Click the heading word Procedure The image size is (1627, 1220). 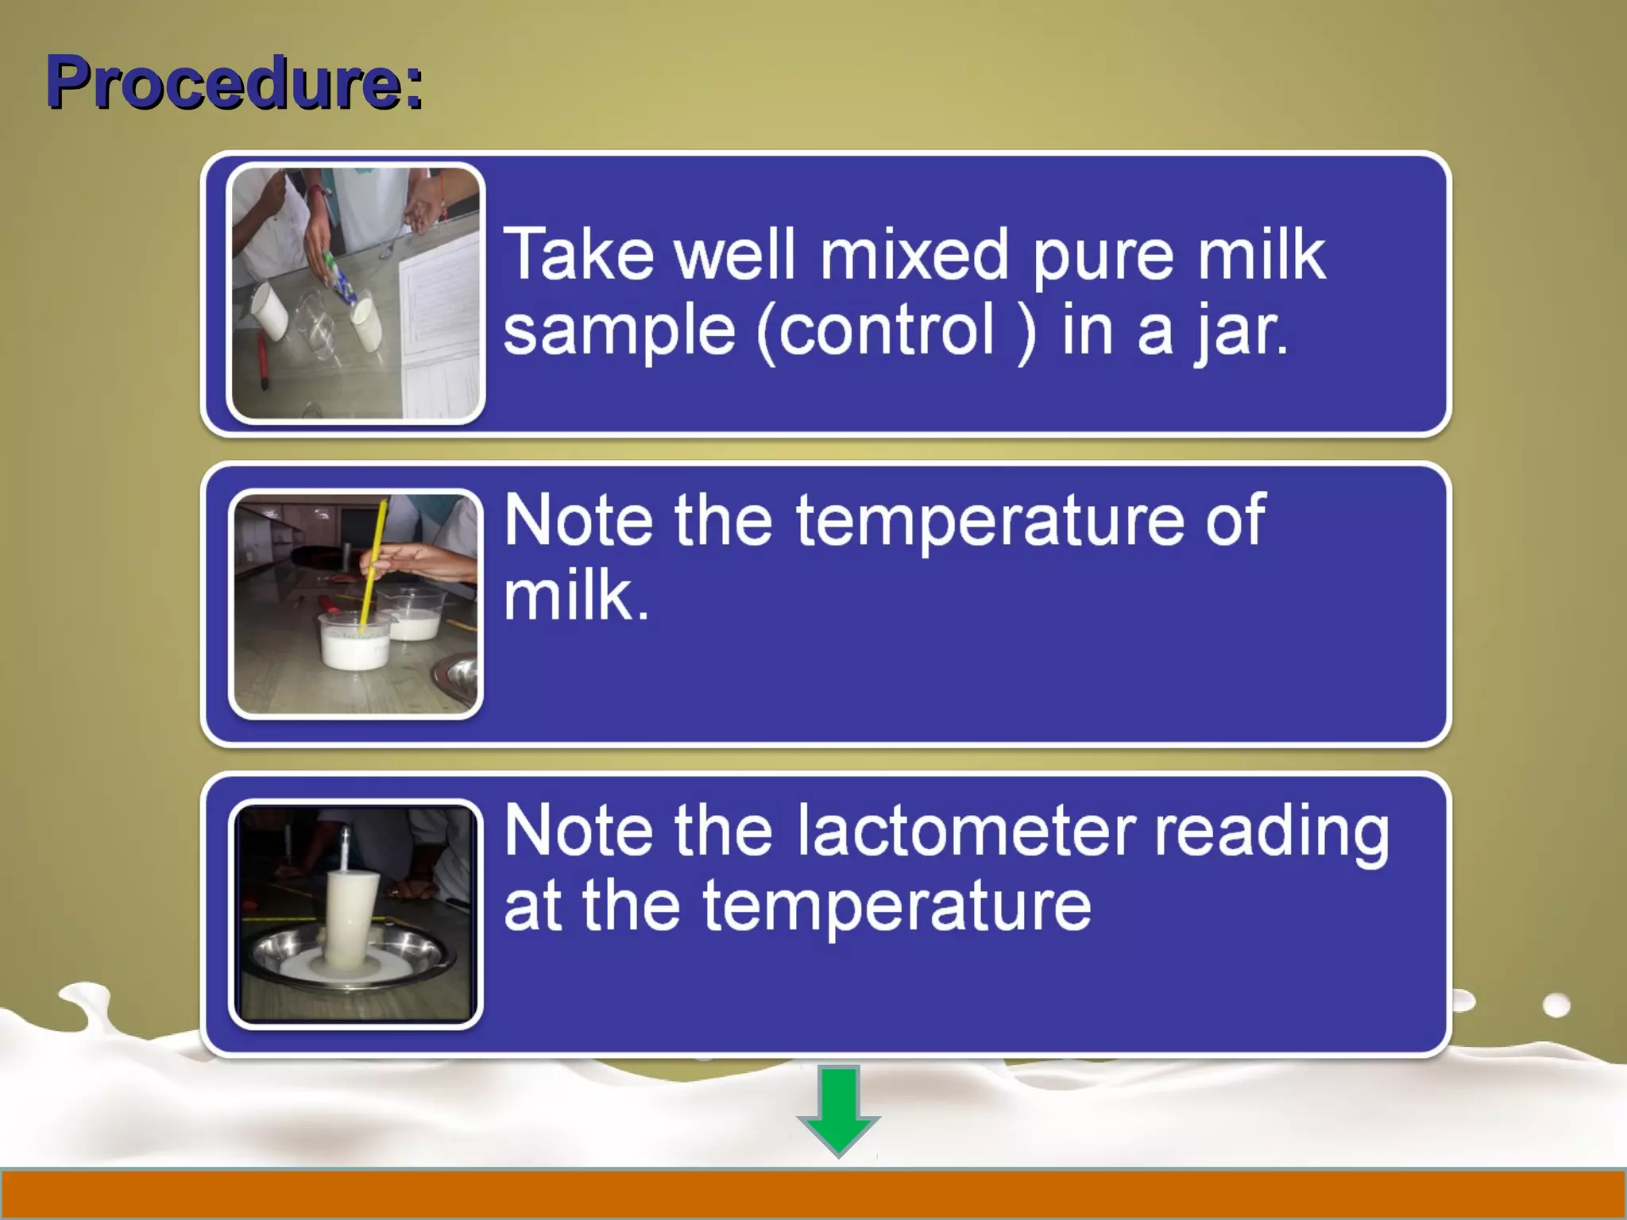tap(234, 83)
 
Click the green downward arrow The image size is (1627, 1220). tap(839, 1110)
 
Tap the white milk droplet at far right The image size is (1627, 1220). tap(1556, 1006)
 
